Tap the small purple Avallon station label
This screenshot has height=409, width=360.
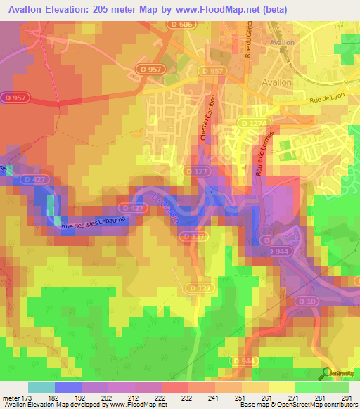click(x=281, y=42)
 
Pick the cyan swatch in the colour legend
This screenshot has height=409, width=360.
click(x=41, y=387)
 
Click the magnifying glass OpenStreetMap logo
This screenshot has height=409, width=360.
click(x=326, y=373)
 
